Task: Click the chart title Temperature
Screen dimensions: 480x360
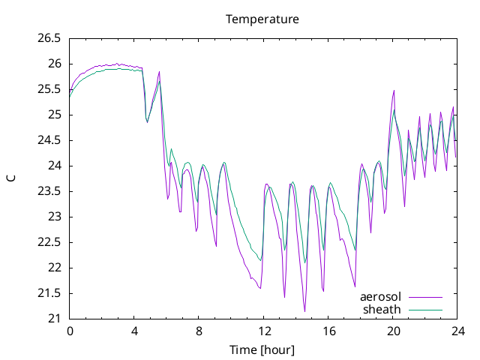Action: [262, 19]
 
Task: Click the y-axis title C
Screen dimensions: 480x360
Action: [11, 178]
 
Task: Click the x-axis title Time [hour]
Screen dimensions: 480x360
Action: [262, 350]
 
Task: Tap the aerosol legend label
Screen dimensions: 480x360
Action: [380, 297]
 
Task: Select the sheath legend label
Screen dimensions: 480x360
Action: [382, 310]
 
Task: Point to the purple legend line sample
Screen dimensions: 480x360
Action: [425, 297]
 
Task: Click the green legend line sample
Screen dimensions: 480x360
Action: [425, 310]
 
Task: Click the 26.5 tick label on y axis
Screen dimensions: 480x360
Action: [49, 38]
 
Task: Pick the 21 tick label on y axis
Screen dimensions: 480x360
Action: [55, 319]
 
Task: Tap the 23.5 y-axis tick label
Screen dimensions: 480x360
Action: [49, 191]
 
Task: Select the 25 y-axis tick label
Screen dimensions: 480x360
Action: [55, 115]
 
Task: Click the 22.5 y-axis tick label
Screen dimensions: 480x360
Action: [49, 242]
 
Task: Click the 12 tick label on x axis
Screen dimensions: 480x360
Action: [264, 331]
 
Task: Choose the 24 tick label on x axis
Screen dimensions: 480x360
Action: [457, 331]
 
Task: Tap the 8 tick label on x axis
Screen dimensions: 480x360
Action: [199, 331]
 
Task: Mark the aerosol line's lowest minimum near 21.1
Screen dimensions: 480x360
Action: [304, 311]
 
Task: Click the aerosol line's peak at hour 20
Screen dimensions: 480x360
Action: [394, 91]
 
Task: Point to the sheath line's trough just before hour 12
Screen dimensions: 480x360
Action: [260, 260]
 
